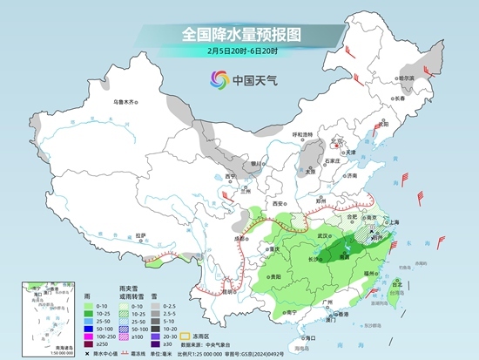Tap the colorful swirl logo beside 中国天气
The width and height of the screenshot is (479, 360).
[x=214, y=81]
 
